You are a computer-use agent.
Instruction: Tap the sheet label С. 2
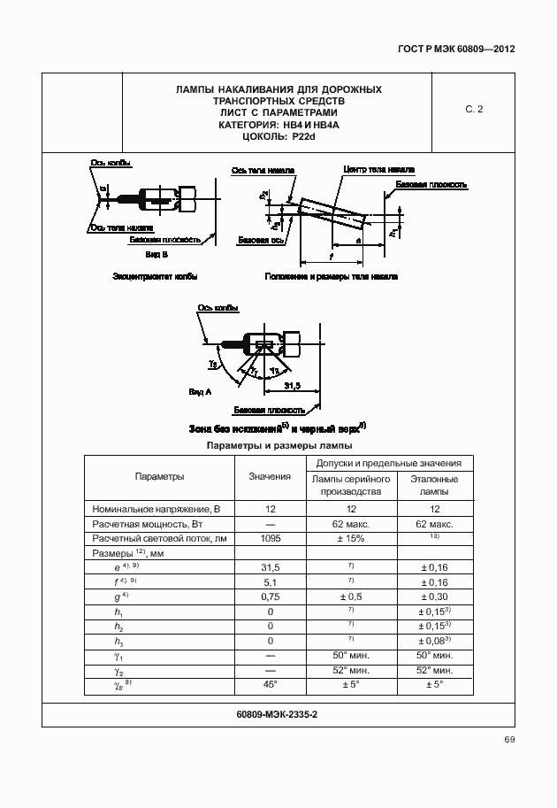[474, 110]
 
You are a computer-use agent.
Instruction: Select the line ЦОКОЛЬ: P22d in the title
[278, 137]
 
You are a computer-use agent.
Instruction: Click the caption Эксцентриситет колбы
[155, 276]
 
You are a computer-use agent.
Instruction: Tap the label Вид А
[201, 390]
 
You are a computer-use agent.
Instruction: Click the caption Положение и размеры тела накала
[331, 276]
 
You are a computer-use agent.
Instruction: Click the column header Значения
[270, 476]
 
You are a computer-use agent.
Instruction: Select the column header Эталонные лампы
[434, 484]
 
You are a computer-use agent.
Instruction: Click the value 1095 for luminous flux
[270, 538]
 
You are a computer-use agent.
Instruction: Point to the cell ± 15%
[351, 538]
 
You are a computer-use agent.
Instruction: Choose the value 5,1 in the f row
[270, 581]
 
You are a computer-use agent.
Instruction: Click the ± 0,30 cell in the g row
[434, 596]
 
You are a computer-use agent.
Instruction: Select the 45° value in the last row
[270, 684]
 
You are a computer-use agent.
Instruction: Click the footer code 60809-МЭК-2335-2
[278, 713]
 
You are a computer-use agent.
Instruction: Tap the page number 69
[509, 740]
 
